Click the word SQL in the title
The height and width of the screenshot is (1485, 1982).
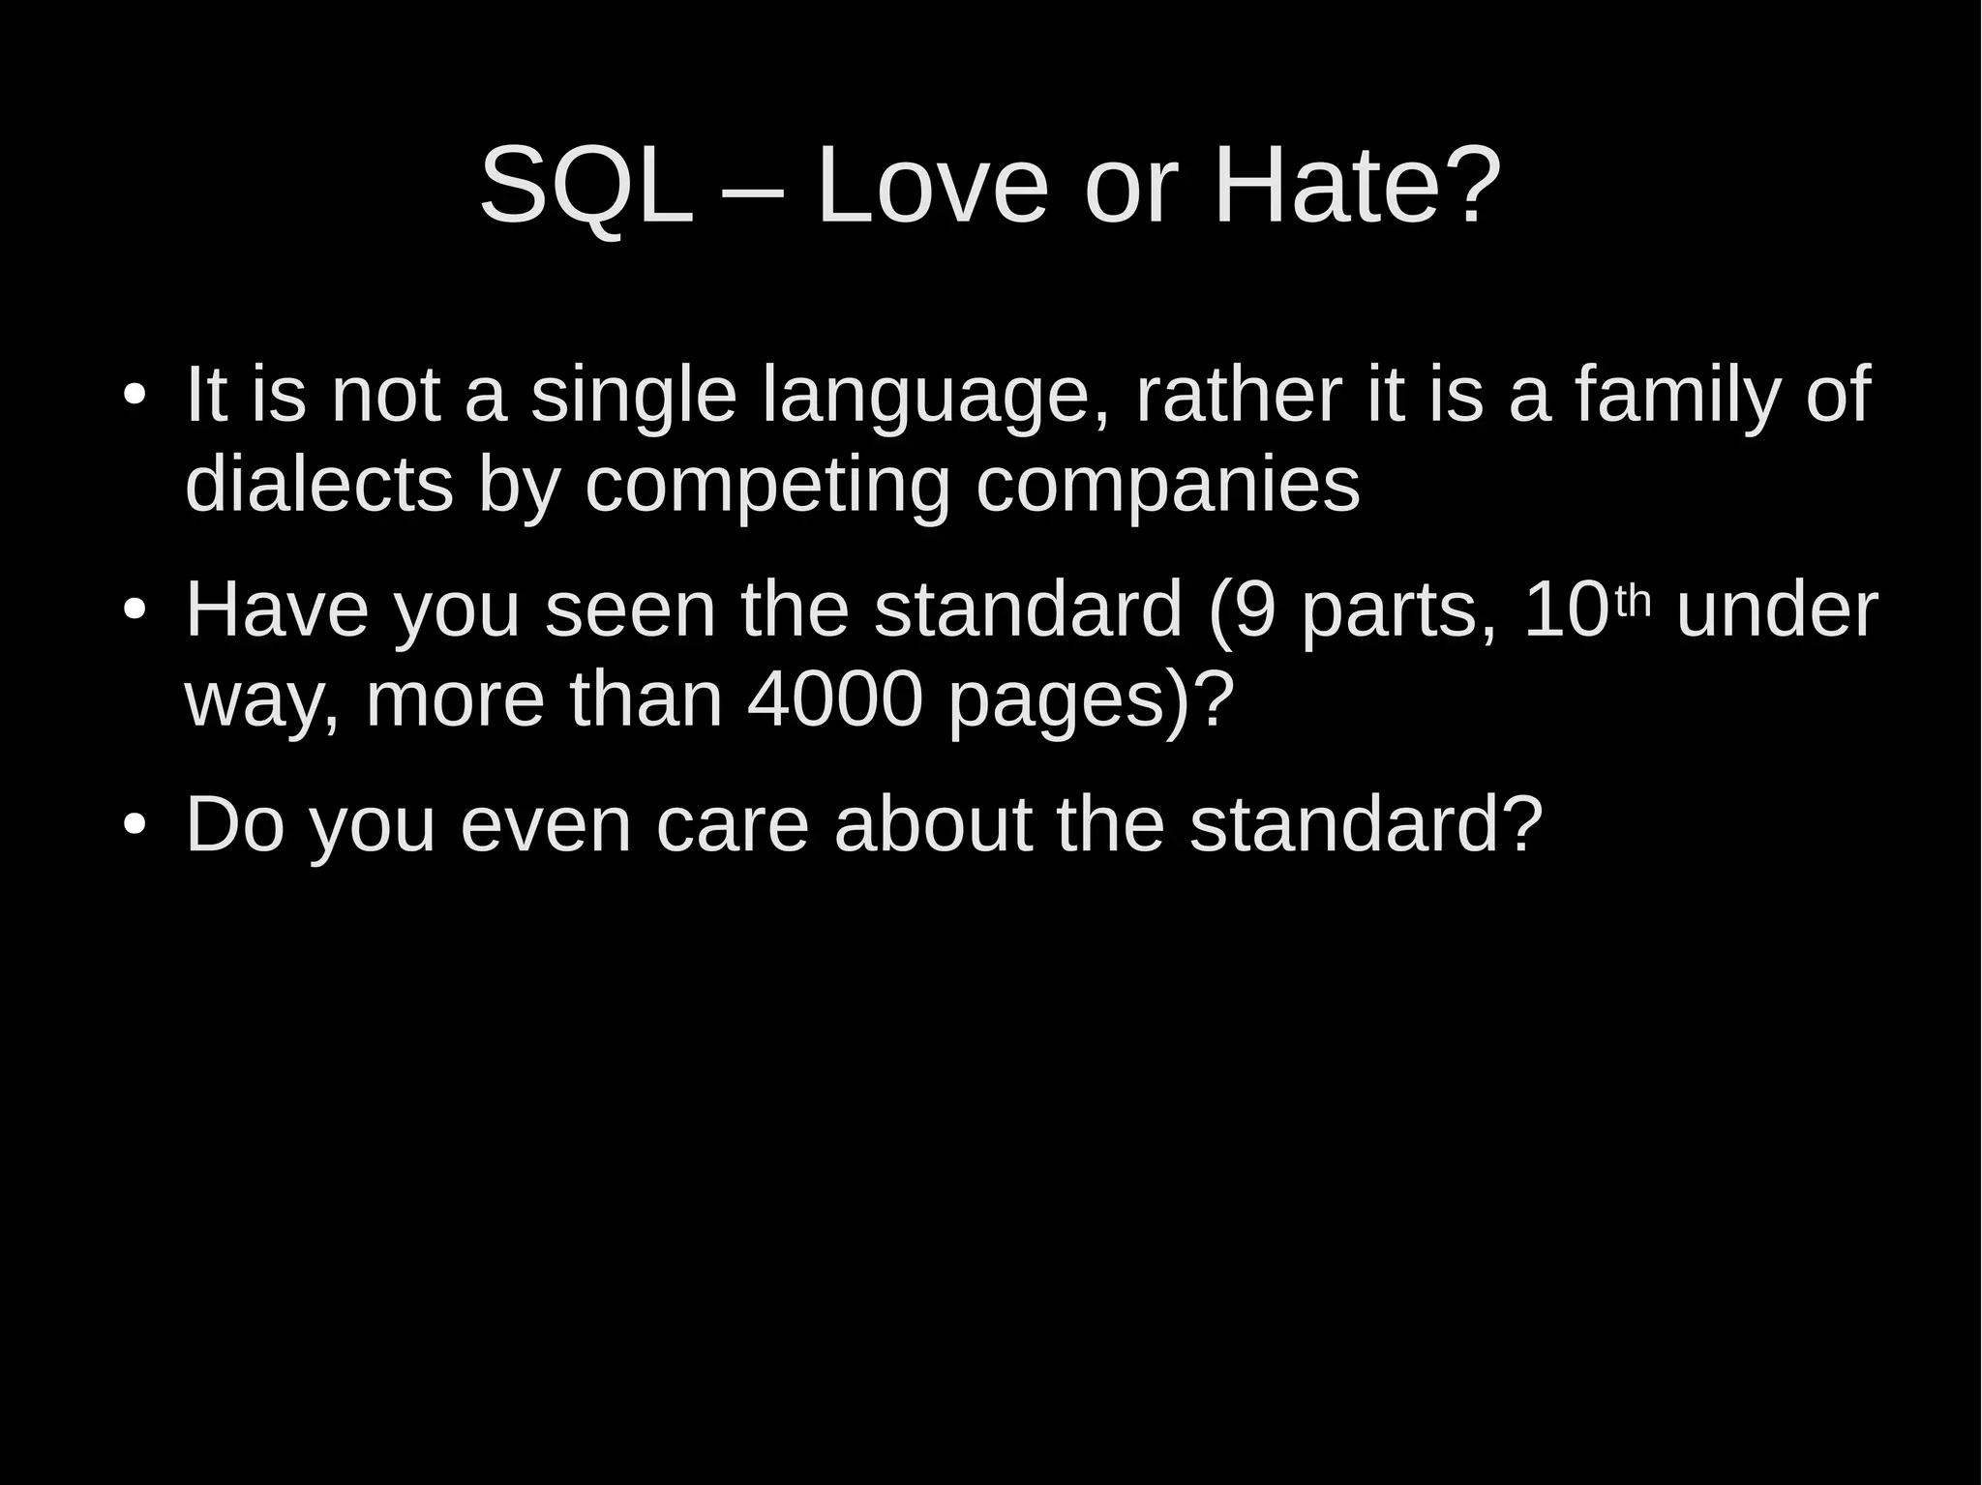pyautogui.click(x=586, y=185)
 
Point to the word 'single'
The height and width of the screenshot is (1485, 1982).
pyautogui.click(x=634, y=397)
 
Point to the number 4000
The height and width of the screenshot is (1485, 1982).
pyautogui.click(x=835, y=700)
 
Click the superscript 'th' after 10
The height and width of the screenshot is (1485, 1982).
pyautogui.click(x=1633, y=601)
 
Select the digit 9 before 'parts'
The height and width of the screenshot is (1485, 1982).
pyautogui.click(x=1256, y=611)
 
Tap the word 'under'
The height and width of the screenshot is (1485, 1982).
pyautogui.click(x=1776, y=611)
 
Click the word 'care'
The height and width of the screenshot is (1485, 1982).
pyautogui.click(x=732, y=825)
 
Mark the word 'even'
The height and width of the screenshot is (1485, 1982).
pyautogui.click(x=545, y=825)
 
